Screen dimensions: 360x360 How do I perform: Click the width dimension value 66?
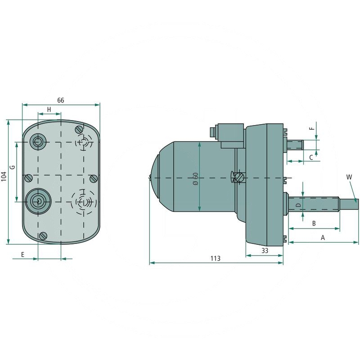coord(61,100)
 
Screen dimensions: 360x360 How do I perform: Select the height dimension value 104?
coord(4,182)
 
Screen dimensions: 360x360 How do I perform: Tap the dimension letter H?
coord(49,110)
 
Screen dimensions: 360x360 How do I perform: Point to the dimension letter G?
coord(13,167)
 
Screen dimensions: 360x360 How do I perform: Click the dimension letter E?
coord(22,255)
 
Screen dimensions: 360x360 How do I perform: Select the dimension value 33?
coord(265,251)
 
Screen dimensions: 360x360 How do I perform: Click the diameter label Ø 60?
coord(195,179)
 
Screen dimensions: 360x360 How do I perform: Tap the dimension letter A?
coord(322,237)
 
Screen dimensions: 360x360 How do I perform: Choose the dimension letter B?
coord(314,223)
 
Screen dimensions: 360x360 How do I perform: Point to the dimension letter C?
coord(311,157)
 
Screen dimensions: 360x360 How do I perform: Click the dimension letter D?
coord(298,205)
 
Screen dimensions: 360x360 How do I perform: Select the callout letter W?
coord(349,177)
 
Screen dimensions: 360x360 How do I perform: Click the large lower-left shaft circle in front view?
coord(39,201)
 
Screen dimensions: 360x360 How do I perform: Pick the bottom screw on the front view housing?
coord(44,236)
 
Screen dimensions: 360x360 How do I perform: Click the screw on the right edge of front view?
coord(93,179)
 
